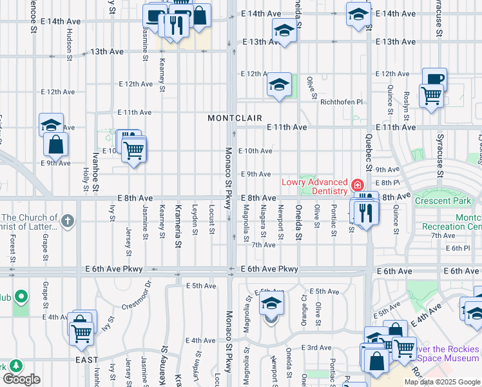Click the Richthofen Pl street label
pos(342,102)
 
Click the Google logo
pos(21,379)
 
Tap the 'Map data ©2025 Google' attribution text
pos(442,382)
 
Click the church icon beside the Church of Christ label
pos(68,221)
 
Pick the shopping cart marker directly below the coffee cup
pos(431,97)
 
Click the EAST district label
pos(86,360)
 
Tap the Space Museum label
pos(449,358)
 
